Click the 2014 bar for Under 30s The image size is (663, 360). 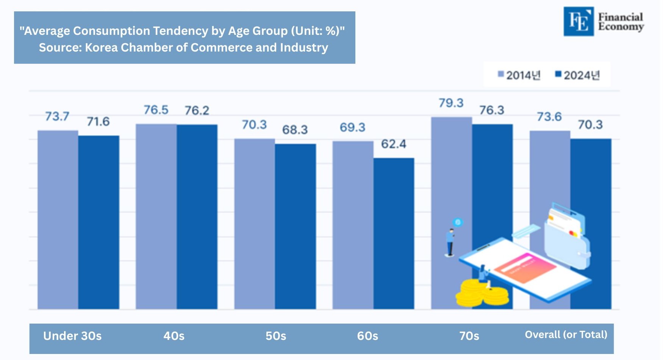pos(58,220)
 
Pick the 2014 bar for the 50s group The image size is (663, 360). pos(255,224)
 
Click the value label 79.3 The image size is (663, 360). pos(451,103)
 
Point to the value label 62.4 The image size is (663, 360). pos(393,144)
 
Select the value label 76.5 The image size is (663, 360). pos(156,110)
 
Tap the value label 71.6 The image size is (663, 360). pos(98,122)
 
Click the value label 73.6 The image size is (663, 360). pos(549,117)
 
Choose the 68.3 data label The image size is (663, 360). pos(295,130)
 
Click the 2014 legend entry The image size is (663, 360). pos(519,75)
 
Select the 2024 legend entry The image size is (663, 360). pos(578,75)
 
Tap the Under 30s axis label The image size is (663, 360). pos(72,336)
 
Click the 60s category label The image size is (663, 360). pos(367,336)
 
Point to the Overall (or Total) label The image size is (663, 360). pos(566,335)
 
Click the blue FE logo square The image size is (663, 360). pos(579,22)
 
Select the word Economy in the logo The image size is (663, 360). pos(621,27)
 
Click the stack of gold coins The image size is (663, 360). pos(481,294)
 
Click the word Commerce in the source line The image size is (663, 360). pos(222,48)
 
